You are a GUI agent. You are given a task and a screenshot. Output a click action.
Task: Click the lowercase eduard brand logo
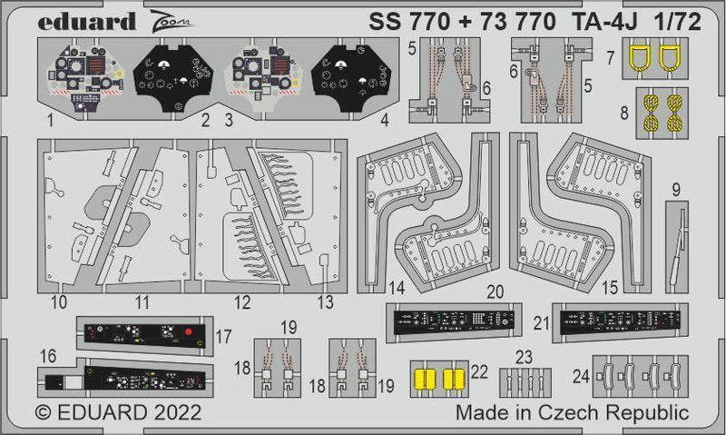[74, 20]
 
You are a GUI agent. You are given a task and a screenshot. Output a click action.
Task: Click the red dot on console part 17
[186, 332]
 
